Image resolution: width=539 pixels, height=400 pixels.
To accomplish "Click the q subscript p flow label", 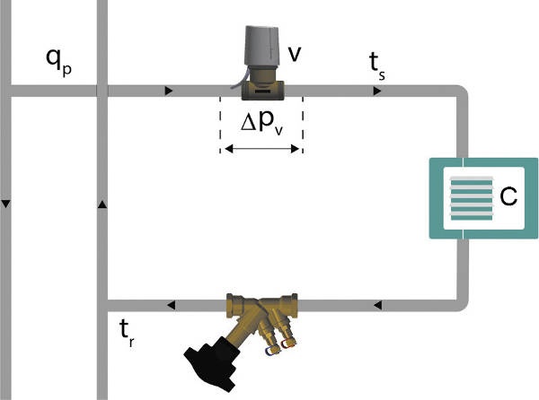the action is point(58,63).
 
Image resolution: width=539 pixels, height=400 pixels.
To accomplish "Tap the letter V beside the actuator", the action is point(295,54).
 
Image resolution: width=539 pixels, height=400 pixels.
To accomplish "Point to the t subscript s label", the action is point(376,66).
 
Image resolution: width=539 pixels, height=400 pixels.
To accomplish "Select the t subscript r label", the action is point(127,333).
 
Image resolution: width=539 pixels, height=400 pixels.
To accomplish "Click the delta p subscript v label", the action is point(262,123).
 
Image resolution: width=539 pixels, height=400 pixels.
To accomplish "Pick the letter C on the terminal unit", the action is point(508,196).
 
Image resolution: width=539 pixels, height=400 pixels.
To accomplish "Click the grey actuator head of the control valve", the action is point(262,46).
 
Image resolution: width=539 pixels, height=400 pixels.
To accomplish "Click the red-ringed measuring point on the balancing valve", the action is point(288,343).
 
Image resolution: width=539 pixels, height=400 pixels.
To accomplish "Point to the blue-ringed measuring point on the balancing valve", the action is point(272,351).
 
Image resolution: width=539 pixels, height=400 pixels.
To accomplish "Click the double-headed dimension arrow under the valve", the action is point(261,149).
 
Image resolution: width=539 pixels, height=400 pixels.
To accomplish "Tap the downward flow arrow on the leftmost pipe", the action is point(6,204).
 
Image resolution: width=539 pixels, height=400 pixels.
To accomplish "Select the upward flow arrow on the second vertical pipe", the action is point(102,204).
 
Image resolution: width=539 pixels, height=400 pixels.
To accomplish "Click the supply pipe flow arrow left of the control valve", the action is point(169,91).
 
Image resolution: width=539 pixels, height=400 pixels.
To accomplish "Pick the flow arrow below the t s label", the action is point(377,91).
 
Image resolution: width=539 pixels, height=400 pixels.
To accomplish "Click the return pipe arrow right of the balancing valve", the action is point(377,305).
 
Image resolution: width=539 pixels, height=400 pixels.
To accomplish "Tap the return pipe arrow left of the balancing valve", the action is point(171,305).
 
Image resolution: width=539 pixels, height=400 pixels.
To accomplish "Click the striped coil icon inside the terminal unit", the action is point(472,198).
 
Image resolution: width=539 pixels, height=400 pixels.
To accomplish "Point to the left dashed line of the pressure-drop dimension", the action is point(220,125).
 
